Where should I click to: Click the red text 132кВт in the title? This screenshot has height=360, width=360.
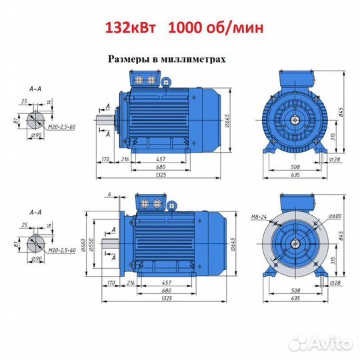tap(131, 28)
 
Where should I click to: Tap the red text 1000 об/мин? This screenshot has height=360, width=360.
tap(216, 29)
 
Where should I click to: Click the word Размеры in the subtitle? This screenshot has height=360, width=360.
tap(129, 59)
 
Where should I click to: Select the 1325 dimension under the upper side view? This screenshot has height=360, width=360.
tap(161, 175)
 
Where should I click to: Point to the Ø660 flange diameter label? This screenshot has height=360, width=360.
tap(83, 245)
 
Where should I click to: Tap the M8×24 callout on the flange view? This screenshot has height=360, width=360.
tap(259, 217)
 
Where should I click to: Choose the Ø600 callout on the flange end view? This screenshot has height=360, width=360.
tap(335, 216)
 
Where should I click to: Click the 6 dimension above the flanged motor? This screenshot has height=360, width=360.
tap(109, 194)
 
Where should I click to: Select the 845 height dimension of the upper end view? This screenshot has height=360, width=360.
tap(341, 112)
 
